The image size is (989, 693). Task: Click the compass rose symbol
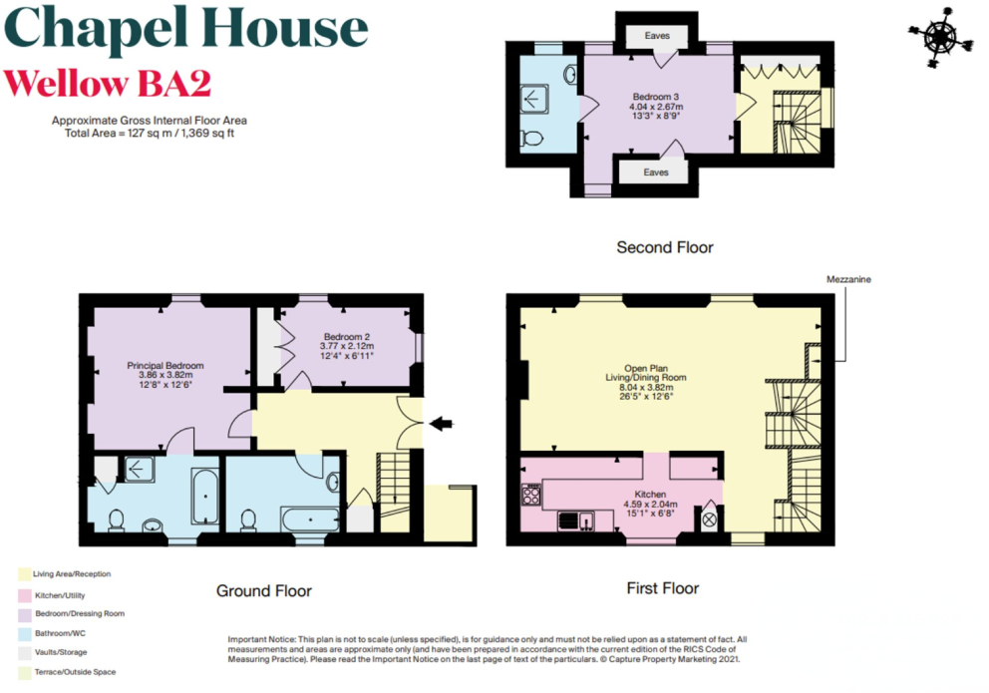pos(939,37)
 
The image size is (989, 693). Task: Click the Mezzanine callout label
pos(848,280)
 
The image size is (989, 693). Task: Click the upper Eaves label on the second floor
pos(656,36)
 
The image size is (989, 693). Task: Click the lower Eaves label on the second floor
pos(656,173)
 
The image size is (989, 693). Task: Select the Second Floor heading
pos(665,246)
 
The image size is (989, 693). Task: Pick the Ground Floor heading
pos(264,590)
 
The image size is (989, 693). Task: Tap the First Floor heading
pos(662,588)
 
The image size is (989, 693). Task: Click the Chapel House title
pos(186,34)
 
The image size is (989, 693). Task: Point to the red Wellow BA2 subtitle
pos(108,84)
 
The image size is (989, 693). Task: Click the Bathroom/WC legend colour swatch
pos(23,633)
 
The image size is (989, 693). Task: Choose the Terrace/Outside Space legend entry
pos(74,672)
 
